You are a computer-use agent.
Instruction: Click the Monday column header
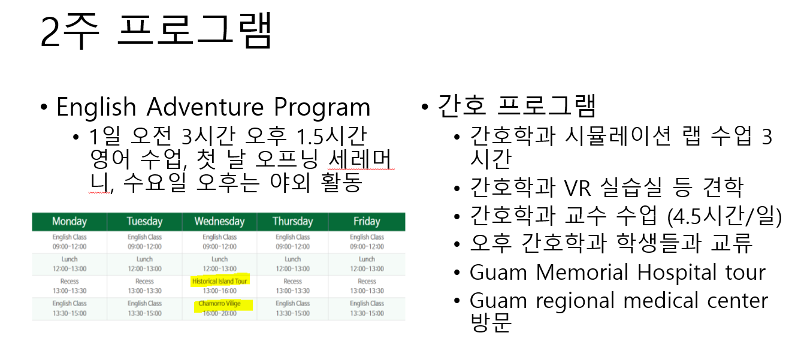point(69,222)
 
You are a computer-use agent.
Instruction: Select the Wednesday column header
point(219,222)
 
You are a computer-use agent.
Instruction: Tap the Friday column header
point(367,222)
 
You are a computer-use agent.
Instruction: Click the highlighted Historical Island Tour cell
point(219,286)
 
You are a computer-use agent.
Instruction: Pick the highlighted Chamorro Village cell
point(219,308)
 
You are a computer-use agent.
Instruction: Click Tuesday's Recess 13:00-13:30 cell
point(144,286)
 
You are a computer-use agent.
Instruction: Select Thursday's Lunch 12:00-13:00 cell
point(292,264)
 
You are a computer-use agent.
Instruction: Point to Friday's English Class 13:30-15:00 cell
point(367,308)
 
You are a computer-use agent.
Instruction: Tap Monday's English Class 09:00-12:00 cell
point(69,241)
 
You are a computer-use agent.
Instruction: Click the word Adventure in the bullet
point(205,107)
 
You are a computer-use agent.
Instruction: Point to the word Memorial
point(582,273)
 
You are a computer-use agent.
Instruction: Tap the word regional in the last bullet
point(575,302)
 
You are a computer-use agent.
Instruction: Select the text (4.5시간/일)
point(724,216)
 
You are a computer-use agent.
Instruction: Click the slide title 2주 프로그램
point(156,31)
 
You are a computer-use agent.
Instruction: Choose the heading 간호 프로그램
point(516,106)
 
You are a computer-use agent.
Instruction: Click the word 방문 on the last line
point(491,323)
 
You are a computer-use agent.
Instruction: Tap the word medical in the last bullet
point(661,301)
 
